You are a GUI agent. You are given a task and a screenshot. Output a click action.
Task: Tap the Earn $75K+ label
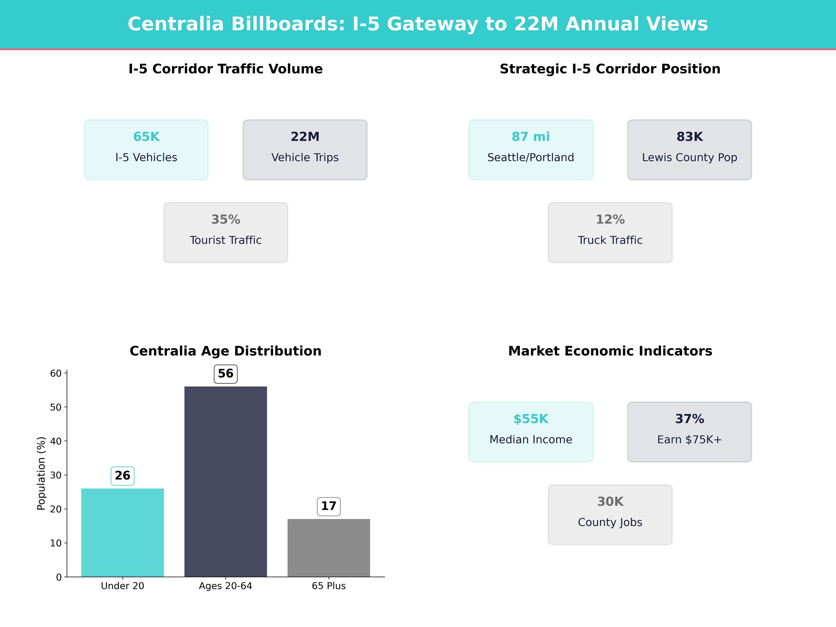pyautogui.click(x=689, y=440)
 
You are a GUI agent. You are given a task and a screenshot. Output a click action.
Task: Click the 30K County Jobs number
pyautogui.click(x=610, y=502)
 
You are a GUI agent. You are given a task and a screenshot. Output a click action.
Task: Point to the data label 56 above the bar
pyautogui.click(x=226, y=374)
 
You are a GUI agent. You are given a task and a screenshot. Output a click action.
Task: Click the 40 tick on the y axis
pyautogui.click(x=56, y=441)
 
